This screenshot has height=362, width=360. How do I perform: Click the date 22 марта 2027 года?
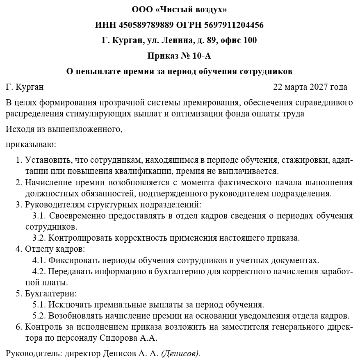click(310, 87)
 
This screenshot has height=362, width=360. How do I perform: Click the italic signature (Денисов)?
click(180, 353)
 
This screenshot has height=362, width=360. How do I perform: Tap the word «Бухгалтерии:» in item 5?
click(51, 294)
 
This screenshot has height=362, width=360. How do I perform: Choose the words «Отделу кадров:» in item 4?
click(55, 249)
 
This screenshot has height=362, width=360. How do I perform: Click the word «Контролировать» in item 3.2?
click(80, 238)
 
